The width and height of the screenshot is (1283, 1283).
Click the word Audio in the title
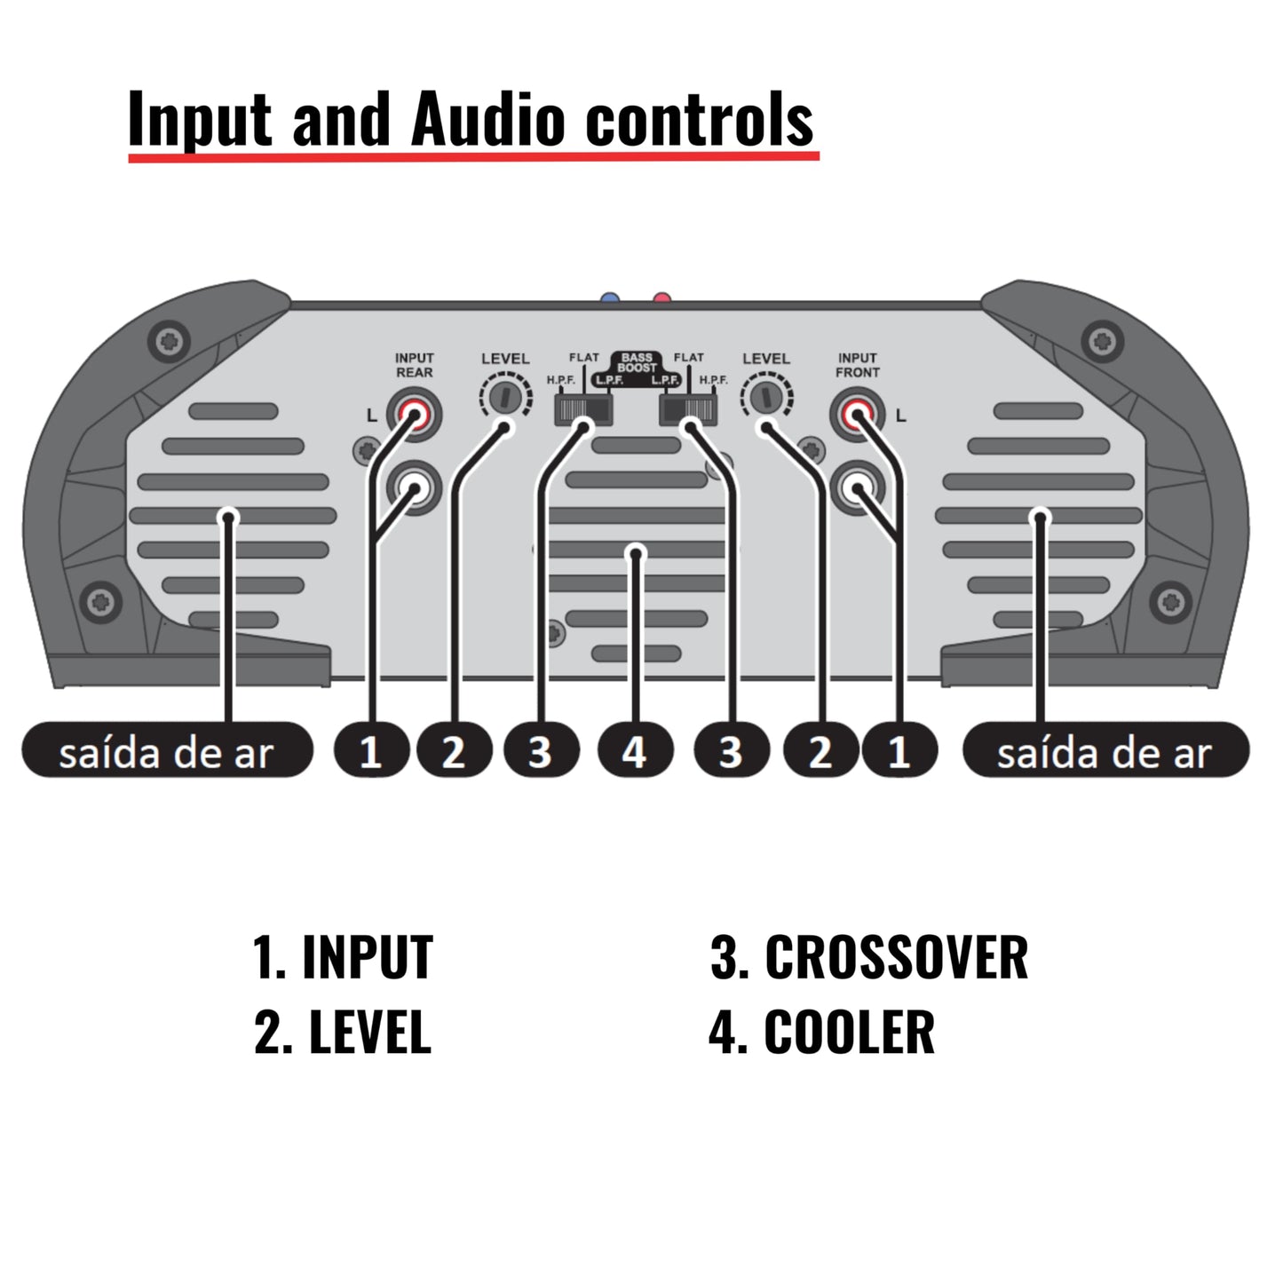[x=487, y=119]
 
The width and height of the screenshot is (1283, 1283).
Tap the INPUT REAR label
[x=414, y=365]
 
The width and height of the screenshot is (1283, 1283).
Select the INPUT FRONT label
[x=857, y=365]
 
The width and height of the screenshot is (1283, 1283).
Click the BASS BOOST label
[x=637, y=362]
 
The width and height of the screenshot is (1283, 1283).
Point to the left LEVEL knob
[x=503, y=396]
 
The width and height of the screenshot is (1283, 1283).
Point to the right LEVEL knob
[x=764, y=396]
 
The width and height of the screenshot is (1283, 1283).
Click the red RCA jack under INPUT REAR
[x=414, y=414]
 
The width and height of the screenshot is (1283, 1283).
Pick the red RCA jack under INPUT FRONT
[x=857, y=414]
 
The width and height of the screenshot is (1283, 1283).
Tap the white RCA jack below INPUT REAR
[x=414, y=487]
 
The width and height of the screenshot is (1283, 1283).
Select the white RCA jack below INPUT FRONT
[x=857, y=487]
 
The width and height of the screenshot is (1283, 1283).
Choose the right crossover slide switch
[x=688, y=409]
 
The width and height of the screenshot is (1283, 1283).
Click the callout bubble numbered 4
[x=634, y=751]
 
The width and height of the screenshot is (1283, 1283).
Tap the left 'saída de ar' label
[x=167, y=752]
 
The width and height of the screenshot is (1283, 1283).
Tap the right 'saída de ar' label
[x=1105, y=752]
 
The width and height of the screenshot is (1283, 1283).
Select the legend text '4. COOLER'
[x=821, y=1032]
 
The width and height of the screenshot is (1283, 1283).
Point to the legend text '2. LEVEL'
[x=343, y=1032]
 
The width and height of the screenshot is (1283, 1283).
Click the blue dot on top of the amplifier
[x=609, y=299]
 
